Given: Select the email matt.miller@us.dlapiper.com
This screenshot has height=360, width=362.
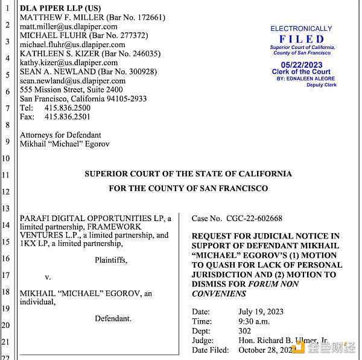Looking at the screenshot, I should coord(69,27).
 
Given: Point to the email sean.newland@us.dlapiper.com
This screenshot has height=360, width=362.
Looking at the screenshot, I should coord(72,81).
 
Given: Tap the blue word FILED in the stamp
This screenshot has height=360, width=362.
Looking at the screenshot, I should coord(302,39).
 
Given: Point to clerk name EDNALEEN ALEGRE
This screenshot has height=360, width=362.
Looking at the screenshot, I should coord(315,79).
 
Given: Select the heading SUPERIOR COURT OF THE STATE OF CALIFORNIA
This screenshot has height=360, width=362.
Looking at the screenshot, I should coord(188,174).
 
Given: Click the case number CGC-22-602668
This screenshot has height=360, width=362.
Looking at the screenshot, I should coord(253,219).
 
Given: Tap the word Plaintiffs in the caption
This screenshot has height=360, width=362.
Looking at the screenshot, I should coord(111,260).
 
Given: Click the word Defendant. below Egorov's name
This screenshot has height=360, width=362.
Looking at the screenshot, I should coord(113,318).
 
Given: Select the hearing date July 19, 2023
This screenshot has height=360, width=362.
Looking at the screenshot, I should coord(261,312).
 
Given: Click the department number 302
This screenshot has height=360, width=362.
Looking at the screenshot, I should coord(245,331).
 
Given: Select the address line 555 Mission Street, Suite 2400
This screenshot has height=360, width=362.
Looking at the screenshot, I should coord(71,90).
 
